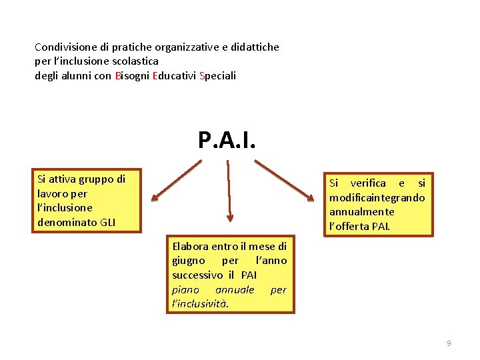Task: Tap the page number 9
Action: [x=449, y=343]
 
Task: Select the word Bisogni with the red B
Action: [x=132, y=75]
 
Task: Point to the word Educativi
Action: [x=174, y=75]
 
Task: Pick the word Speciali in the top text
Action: [x=217, y=75]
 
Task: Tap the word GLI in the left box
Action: [x=107, y=222]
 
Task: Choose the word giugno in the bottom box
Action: [x=189, y=261]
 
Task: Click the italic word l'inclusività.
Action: [x=200, y=304]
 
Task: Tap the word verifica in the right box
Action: [x=367, y=183]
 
